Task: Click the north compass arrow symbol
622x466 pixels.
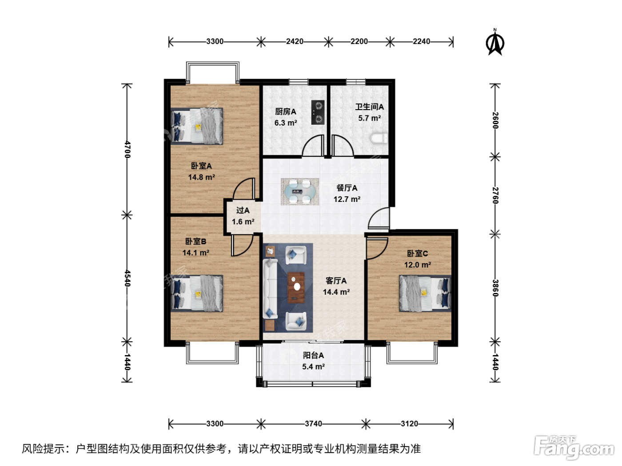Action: click(x=495, y=43)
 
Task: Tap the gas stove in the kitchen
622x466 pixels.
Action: click(x=318, y=112)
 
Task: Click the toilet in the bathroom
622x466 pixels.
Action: click(x=379, y=138)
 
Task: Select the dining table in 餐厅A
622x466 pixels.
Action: click(x=300, y=192)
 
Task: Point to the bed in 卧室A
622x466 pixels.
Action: click(x=197, y=126)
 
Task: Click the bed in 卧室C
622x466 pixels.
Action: click(x=425, y=293)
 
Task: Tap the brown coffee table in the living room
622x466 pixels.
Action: click(x=296, y=288)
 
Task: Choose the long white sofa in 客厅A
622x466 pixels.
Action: click(x=270, y=289)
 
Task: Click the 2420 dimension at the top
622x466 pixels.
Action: click(x=295, y=42)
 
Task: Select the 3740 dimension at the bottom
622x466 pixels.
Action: click(x=313, y=423)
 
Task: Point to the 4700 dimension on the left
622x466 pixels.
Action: click(x=128, y=150)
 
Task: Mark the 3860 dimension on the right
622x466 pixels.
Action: click(x=495, y=288)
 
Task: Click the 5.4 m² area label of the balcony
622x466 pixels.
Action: click(x=313, y=367)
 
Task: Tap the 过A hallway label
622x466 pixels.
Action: click(x=243, y=210)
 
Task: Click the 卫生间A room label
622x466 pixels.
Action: click(x=370, y=107)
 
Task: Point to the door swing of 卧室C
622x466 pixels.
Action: click(x=378, y=249)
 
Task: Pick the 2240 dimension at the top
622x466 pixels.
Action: click(x=421, y=42)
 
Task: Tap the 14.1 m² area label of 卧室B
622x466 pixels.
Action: click(x=196, y=253)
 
